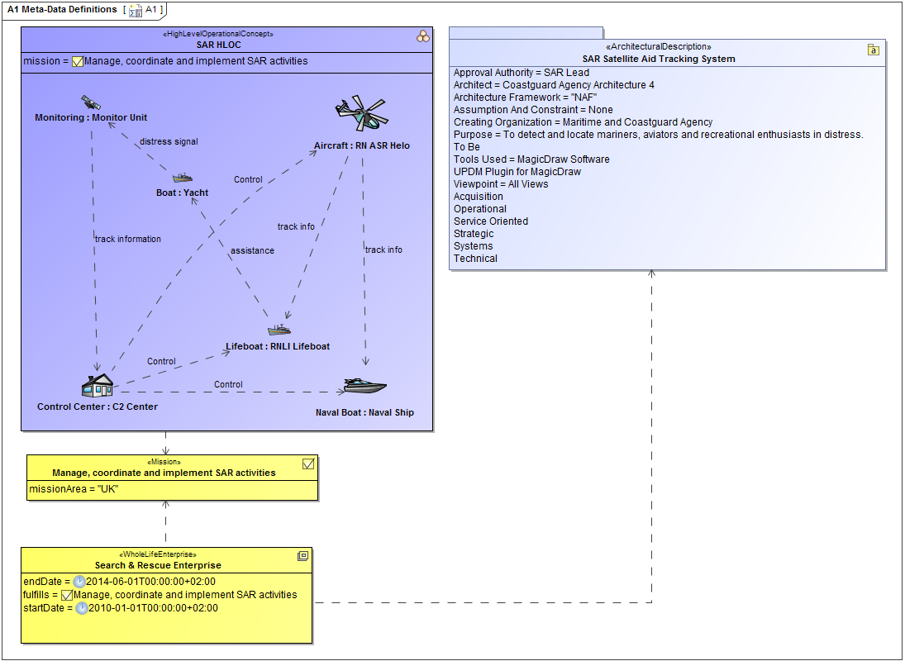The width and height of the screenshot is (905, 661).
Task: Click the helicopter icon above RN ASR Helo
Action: [x=361, y=114]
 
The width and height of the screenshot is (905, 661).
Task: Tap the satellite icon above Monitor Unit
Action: [x=90, y=102]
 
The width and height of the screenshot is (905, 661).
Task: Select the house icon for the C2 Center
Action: [x=97, y=385]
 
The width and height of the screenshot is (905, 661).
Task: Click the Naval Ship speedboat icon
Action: [x=364, y=386]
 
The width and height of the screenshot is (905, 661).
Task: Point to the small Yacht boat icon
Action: [x=183, y=178]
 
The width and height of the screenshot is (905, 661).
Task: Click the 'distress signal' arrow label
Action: [x=169, y=141]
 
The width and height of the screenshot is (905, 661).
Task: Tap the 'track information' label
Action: [x=128, y=239]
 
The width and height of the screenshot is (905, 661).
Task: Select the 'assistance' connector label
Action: [x=252, y=250]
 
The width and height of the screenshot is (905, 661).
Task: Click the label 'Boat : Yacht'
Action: [x=182, y=193]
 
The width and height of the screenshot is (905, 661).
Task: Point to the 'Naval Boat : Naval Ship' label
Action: [x=364, y=412]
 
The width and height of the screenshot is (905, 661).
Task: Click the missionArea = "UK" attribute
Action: [x=62, y=489]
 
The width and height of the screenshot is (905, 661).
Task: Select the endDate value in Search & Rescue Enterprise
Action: [x=150, y=582]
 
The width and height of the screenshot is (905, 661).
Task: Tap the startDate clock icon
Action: [x=82, y=608]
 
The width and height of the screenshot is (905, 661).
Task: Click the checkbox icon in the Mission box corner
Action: [x=308, y=464]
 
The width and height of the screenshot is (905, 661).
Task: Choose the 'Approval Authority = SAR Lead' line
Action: [x=522, y=73]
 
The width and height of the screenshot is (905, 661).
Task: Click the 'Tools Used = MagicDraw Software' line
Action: [x=531, y=159]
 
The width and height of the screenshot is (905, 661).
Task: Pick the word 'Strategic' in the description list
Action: [x=474, y=234]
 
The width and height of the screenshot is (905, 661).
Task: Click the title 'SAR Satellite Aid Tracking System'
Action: [x=658, y=59]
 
